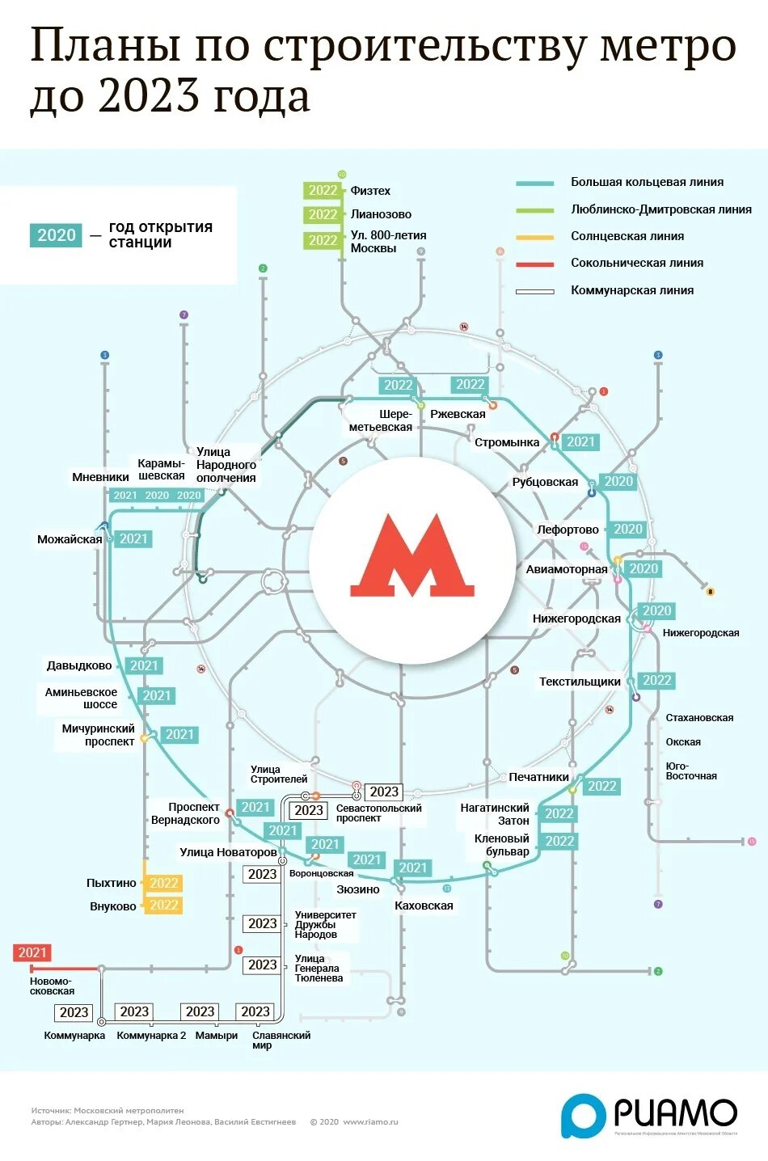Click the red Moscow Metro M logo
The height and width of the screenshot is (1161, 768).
412,555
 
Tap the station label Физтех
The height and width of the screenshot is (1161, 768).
370,191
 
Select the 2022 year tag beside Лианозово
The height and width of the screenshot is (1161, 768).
323,214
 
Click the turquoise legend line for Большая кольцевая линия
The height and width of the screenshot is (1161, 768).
535,183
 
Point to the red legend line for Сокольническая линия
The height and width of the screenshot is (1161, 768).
535,264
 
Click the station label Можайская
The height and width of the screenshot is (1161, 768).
70,539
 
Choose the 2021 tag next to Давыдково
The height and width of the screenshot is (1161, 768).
144,665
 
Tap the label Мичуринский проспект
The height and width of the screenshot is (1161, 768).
98,735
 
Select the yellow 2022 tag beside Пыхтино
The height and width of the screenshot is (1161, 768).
163,883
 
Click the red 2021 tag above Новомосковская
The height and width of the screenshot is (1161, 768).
32,952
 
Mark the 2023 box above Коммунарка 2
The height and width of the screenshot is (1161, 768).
134,1011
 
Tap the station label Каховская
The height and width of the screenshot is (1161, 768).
424,906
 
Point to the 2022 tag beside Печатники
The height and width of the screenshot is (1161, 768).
601,786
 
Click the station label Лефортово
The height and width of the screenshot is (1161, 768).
568,530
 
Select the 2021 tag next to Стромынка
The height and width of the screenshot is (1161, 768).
580,441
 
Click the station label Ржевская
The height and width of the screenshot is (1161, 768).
458,414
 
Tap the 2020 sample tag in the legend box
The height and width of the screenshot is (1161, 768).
57,235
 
